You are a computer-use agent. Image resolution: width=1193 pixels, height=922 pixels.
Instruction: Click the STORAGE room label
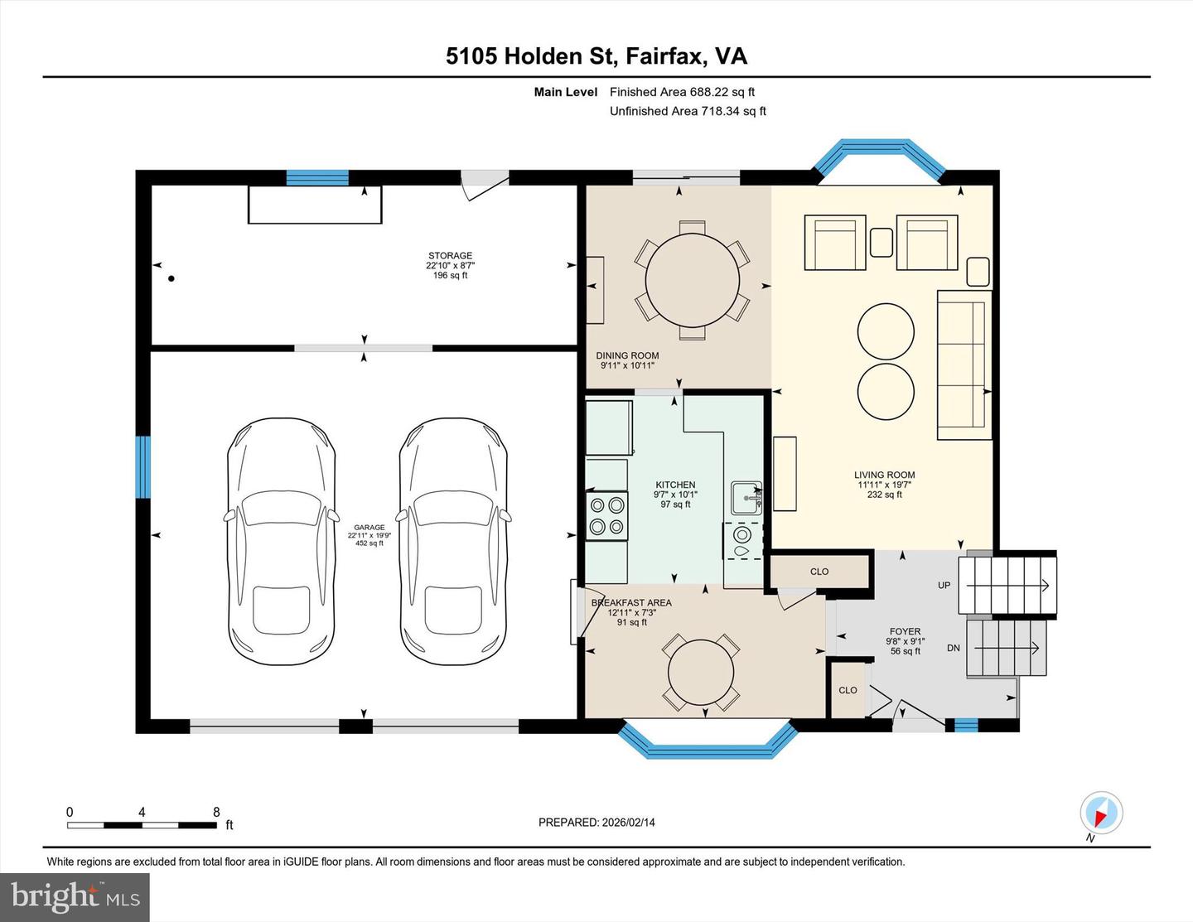(x=450, y=256)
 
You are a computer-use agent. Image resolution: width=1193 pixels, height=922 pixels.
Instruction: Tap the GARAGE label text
(x=369, y=527)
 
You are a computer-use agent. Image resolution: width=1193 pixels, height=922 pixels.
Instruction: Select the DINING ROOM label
(x=627, y=355)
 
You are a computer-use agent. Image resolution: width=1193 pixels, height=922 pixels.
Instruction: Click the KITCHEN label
(x=675, y=485)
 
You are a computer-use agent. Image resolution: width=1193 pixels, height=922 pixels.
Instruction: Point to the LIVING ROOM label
(x=884, y=475)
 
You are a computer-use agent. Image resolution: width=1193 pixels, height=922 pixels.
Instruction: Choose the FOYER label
(x=905, y=631)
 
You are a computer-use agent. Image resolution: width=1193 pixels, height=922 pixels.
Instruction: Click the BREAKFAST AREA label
(x=631, y=602)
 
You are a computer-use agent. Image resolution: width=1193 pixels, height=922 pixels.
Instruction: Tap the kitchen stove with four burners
(x=606, y=515)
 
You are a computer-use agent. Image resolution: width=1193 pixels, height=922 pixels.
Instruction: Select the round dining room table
(x=692, y=280)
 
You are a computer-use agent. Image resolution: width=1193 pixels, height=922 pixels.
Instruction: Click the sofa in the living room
(x=964, y=364)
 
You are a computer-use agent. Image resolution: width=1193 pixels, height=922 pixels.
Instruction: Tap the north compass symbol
(x=1101, y=813)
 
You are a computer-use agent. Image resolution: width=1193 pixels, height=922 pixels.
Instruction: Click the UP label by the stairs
(x=944, y=585)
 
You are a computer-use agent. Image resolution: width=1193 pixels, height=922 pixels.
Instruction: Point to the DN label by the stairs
(x=954, y=648)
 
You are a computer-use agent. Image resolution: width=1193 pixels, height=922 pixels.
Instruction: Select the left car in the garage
(x=282, y=543)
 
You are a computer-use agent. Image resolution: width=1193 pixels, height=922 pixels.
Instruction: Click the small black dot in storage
(x=171, y=278)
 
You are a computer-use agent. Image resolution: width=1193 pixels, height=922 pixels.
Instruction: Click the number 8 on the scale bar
(x=216, y=813)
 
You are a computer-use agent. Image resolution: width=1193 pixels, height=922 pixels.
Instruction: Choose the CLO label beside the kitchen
(x=819, y=572)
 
